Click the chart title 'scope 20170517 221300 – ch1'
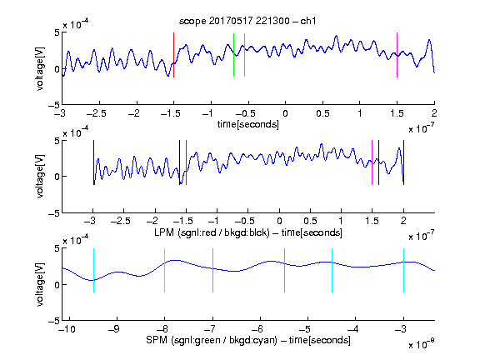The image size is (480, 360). (x=247, y=21)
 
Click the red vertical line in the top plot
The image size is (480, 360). (x=173, y=55)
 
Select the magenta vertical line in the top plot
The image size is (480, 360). (x=397, y=55)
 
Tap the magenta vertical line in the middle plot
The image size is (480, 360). (x=372, y=162)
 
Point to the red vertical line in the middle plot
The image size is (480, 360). (x=186, y=162)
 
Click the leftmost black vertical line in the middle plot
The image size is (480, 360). (x=93, y=162)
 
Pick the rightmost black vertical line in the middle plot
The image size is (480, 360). (x=403, y=162)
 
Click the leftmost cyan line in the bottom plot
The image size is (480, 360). (x=93, y=270)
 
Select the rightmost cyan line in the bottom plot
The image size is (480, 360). (x=403, y=270)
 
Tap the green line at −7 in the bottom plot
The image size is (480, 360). (x=212, y=270)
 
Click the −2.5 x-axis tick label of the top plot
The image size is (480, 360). (x=96, y=113)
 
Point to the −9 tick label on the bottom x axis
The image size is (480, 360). (x=114, y=329)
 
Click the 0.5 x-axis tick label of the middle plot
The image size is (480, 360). (x=310, y=221)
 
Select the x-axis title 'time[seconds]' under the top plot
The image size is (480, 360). (x=248, y=124)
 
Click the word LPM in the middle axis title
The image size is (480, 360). (x=164, y=232)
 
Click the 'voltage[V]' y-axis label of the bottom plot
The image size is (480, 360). (x=40, y=284)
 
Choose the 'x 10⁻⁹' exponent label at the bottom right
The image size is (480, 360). (x=422, y=344)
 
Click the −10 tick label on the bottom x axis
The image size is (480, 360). (x=67, y=329)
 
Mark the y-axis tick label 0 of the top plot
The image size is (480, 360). (x=57, y=69)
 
